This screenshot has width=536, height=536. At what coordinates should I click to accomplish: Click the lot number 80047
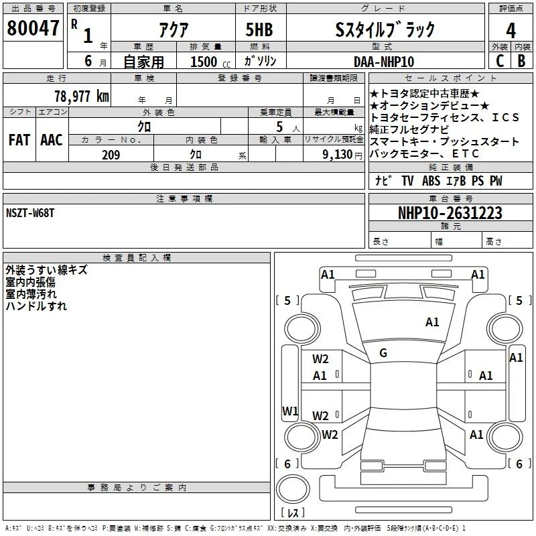[33, 27]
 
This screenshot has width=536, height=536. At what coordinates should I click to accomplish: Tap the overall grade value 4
[511, 31]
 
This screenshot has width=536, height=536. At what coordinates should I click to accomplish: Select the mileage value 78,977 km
[82, 96]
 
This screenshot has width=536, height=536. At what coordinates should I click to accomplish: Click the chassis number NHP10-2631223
[450, 213]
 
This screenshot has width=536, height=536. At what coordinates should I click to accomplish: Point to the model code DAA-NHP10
[384, 62]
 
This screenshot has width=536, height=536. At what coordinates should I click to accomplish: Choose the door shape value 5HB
[259, 29]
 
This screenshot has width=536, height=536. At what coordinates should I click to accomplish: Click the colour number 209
[111, 155]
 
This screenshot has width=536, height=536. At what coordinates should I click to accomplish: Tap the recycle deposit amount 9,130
[338, 155]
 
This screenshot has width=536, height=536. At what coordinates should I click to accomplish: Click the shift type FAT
[19, 140]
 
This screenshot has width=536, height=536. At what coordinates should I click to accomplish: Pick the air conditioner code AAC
[52, 140]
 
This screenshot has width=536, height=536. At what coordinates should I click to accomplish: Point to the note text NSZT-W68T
[30, 213]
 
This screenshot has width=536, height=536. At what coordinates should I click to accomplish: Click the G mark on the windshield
[383, 353]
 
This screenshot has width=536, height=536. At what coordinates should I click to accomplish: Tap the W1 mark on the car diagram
[290, 411]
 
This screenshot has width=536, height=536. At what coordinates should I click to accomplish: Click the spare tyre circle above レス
[293, 489]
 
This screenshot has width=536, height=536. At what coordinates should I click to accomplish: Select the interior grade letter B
[521, 61]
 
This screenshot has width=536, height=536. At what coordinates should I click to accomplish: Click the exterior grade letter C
[499, 61]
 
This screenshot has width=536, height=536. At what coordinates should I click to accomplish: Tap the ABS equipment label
[431, 180]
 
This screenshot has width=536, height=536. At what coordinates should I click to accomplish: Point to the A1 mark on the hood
[432, 322]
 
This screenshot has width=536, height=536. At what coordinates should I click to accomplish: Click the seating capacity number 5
[279, 127]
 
